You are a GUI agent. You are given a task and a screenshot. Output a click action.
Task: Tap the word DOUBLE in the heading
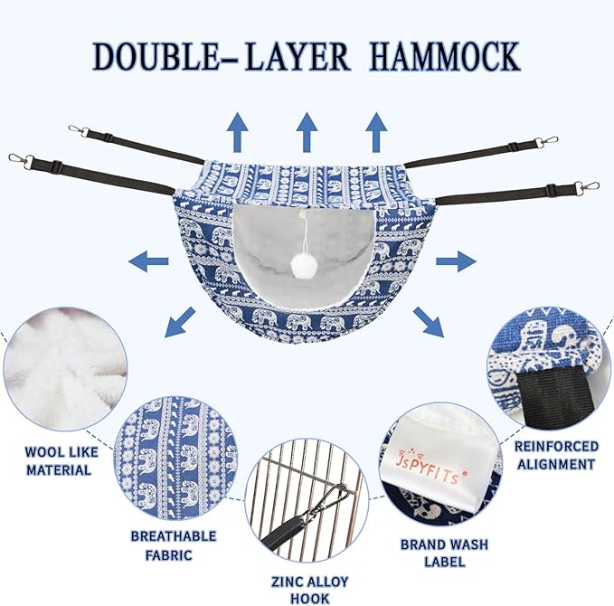click(x=150, y=55)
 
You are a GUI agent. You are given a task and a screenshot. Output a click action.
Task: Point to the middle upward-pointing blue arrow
click(x=307, y=132)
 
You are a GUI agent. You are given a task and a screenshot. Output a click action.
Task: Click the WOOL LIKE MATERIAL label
click(x=58, y=461)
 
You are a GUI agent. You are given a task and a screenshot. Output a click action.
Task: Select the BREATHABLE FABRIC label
click(x=174, y=544)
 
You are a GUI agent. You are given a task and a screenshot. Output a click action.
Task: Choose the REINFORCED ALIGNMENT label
click(x=556, y=455)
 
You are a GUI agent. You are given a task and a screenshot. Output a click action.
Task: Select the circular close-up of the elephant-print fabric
click(x=175, y=456)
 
